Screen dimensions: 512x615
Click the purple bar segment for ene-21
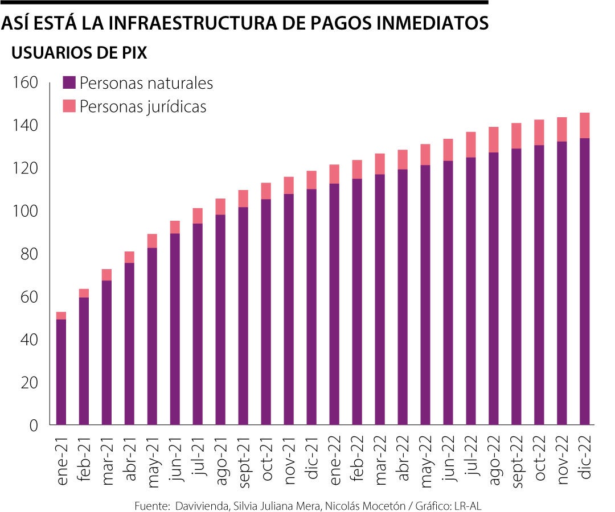(x=61, y=372)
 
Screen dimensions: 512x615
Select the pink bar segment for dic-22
(x=585, y=125)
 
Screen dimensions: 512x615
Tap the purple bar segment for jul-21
(x=198, y=324)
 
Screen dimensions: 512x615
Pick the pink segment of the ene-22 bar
(x=334, y=174)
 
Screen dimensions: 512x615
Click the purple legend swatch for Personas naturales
(x=69, y=83)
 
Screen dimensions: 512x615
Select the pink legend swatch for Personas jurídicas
(x=69, y=106)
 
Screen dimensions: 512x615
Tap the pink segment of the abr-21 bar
(x=129, y=257)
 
